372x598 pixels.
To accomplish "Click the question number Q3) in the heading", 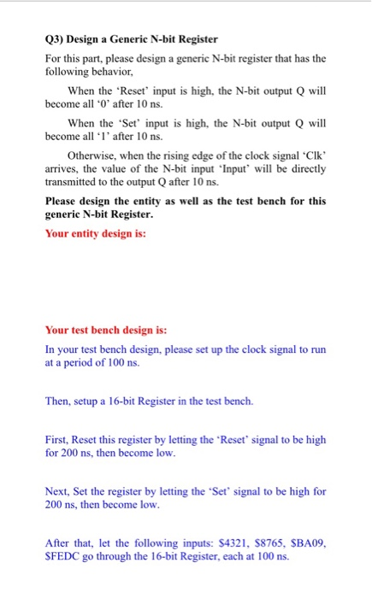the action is [54, 39].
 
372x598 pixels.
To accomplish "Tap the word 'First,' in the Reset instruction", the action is [57, 439].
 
